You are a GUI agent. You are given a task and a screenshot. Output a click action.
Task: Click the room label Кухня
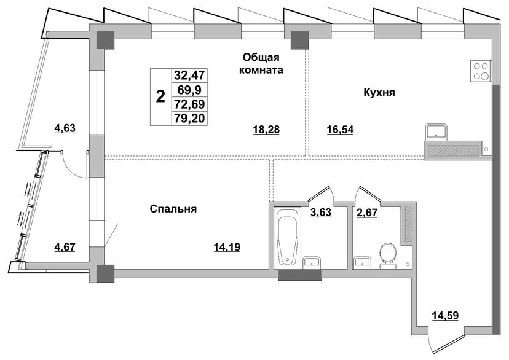[x=379, y=93]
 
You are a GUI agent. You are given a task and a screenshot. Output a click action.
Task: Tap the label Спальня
[x=173, y=209]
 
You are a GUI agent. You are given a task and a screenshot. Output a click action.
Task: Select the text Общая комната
[x=261, y=63]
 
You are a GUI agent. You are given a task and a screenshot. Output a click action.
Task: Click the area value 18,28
[x=266, y=130]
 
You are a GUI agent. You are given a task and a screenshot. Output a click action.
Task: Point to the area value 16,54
[x=340, y=130]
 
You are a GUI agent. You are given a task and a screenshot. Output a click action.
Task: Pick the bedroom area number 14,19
[x=227, y=248]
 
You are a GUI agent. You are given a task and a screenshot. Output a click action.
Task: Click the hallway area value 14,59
[x=445, y=315]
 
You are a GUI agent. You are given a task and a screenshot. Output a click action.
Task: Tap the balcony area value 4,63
[x=65, y=128]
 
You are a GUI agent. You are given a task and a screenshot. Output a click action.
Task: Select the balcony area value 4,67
[x=65, y=247]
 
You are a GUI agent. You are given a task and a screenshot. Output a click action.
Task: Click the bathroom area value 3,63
[x=321, y=213]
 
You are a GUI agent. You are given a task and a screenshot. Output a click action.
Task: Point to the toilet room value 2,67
[x=367, y=213]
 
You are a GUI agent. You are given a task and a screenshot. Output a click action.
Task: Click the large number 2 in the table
[x=160, y=96]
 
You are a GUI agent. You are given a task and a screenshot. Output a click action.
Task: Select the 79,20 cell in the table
[x=189, y=119]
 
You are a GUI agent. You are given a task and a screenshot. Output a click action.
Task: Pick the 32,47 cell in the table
[x=189, y=76]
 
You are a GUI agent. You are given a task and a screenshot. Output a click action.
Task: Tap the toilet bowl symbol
[x=388, y=256]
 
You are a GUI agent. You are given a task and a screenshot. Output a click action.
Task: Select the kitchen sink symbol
[x=436, y=132]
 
